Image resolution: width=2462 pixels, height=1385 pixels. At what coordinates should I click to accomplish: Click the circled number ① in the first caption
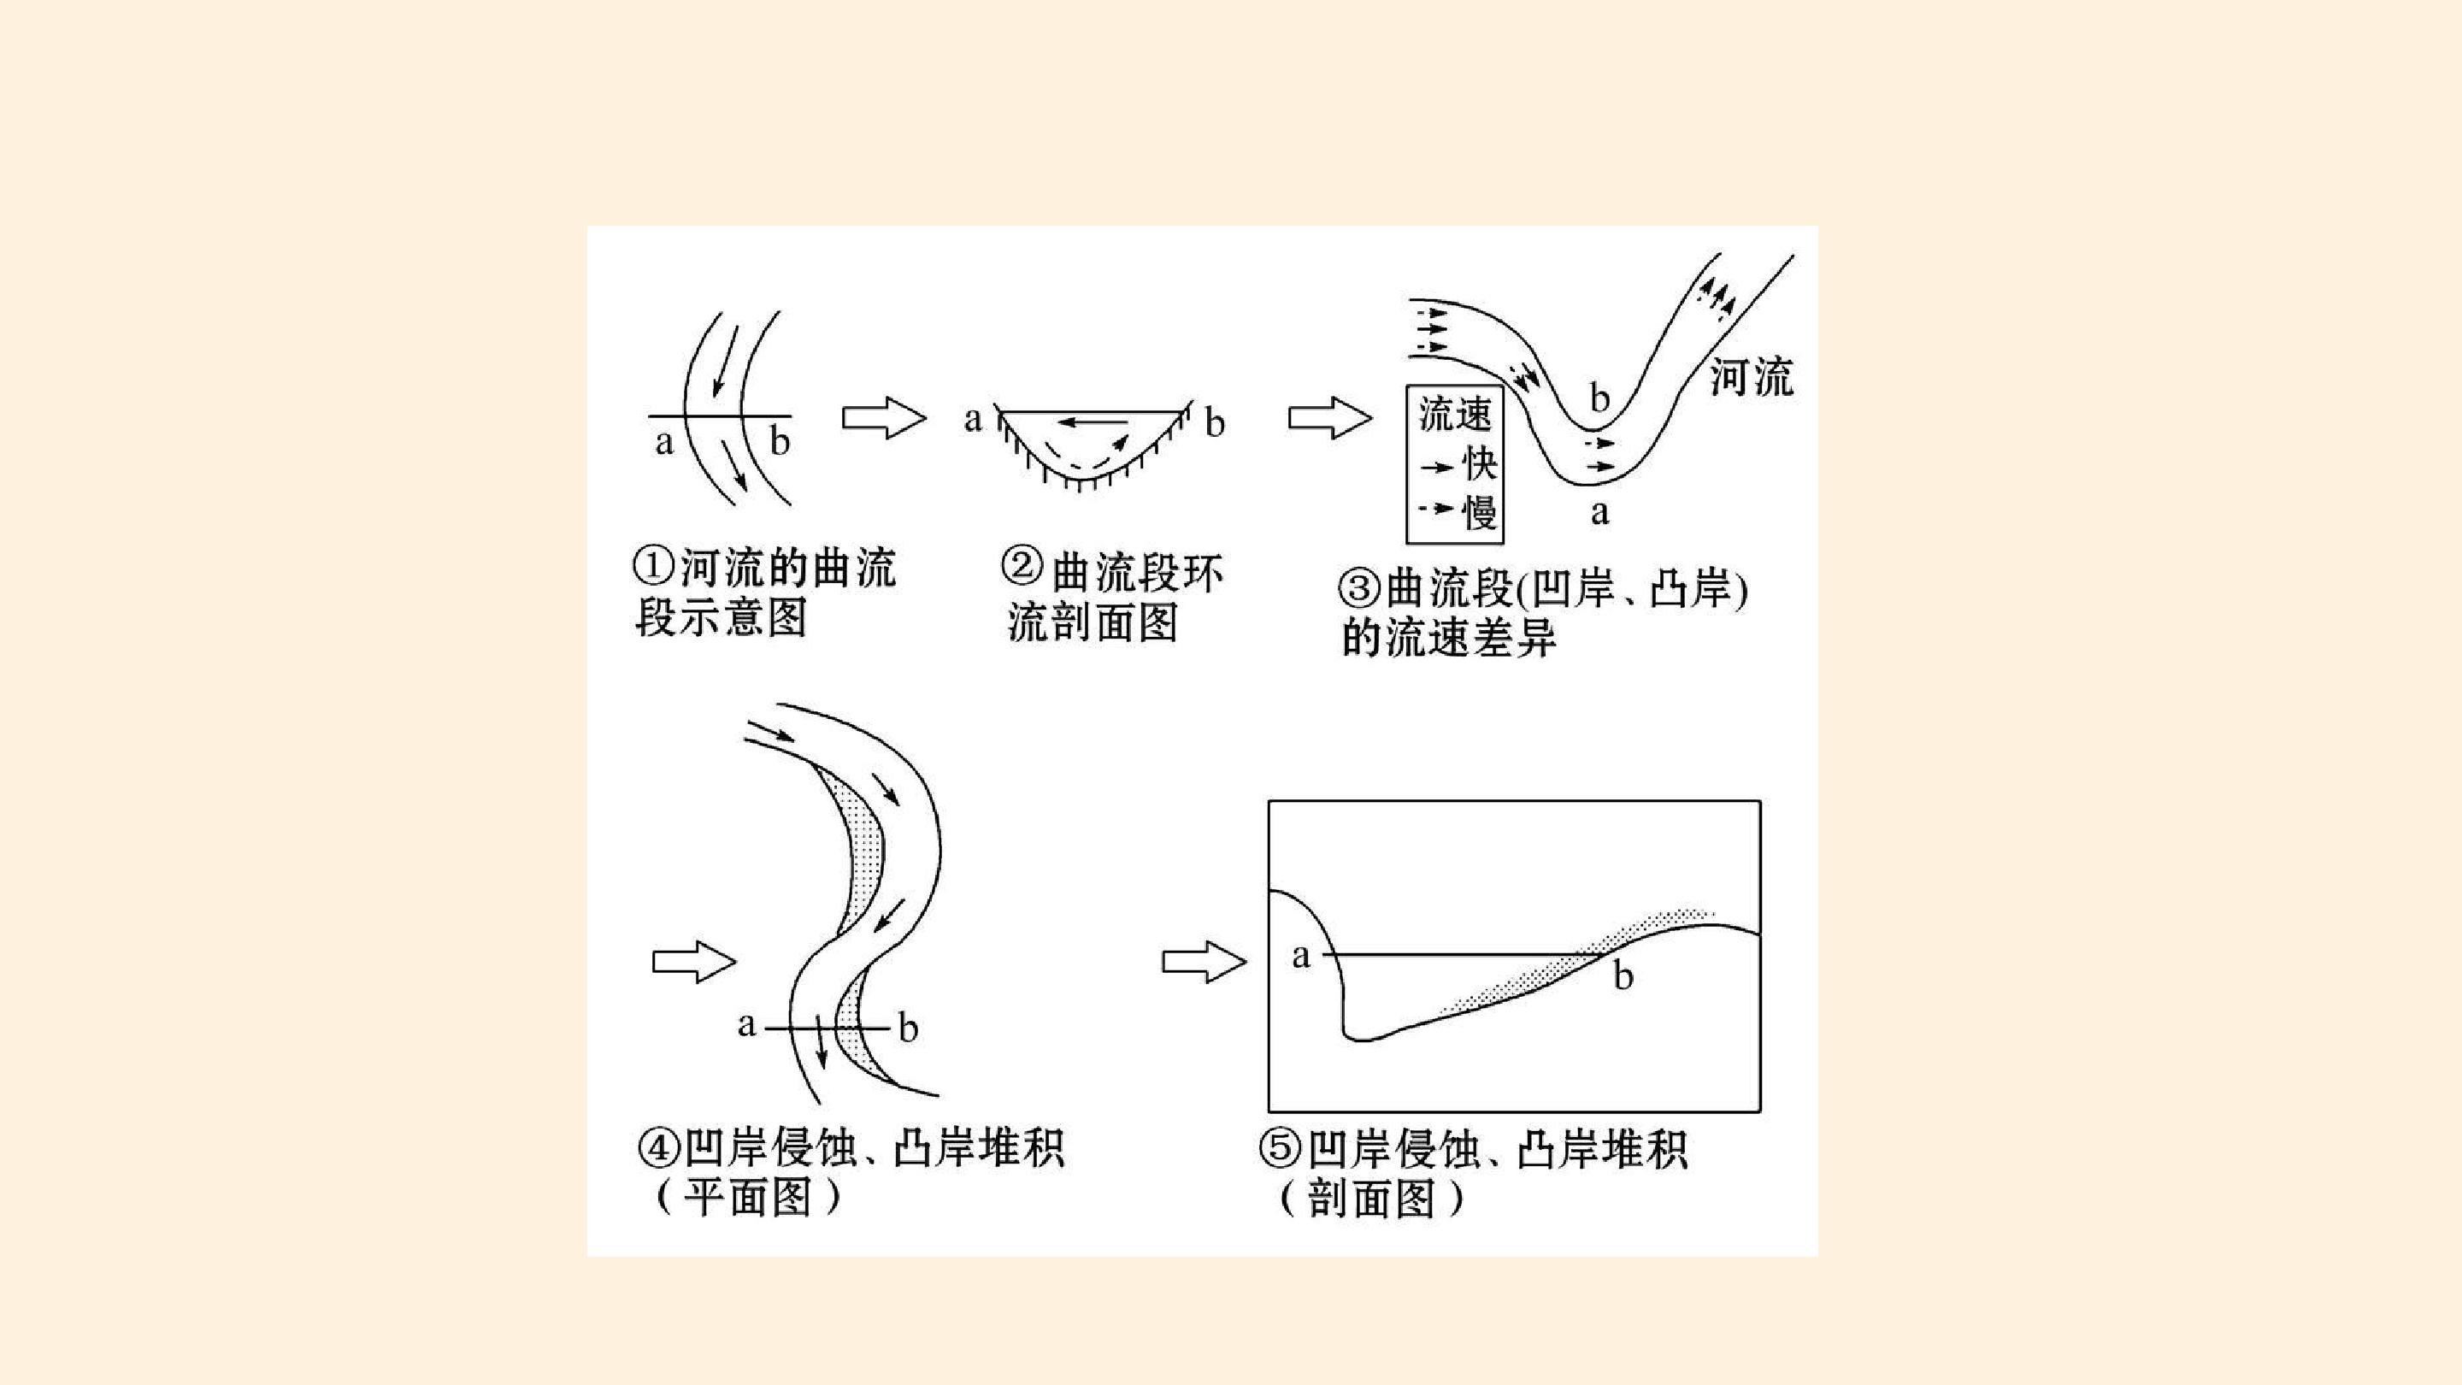(655, 568)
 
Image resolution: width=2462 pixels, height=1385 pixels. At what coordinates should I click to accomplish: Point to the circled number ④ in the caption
(658, 1148)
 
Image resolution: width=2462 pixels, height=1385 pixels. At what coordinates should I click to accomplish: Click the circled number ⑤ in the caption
(1281, 1148)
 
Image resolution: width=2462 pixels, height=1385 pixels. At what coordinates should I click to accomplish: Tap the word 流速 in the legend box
(1455, 414)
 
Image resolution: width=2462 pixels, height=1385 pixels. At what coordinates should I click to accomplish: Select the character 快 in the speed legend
(1480, 464)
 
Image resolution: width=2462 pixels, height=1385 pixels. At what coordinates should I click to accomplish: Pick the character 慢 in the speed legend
(1480, 511)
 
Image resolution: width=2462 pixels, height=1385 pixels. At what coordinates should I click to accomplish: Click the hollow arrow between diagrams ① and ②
(884, 419)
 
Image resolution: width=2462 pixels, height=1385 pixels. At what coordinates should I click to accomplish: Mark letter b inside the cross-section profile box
(1623, 975)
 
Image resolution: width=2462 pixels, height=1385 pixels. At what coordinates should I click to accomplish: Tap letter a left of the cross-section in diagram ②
(973, 419)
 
